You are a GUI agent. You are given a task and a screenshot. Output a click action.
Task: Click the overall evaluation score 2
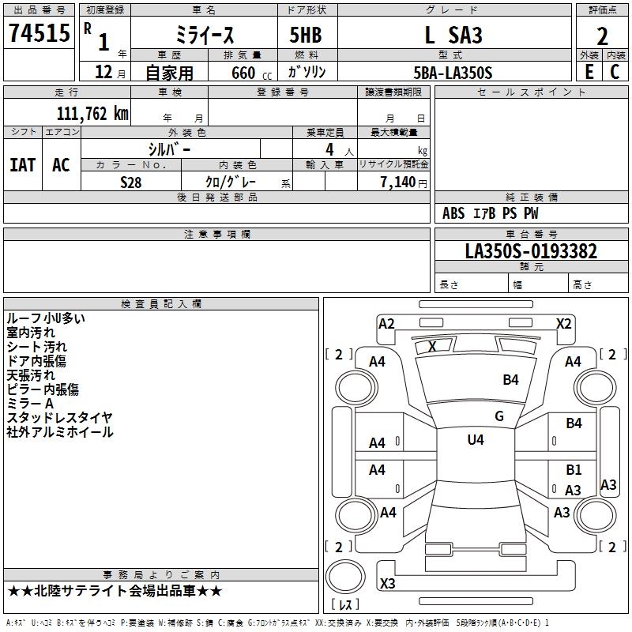coord(603,36)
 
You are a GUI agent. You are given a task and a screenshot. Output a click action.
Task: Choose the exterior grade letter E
coord(589,72)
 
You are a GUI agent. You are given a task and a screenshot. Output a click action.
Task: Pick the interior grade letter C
coord(615,72)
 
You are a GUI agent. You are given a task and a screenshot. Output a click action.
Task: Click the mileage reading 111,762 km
coord(92,113)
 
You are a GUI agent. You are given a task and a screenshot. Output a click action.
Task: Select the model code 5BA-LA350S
coord(453,73)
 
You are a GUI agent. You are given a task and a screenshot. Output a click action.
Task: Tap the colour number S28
coord(131,182)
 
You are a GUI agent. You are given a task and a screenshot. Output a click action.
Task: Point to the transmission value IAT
coord(22,165)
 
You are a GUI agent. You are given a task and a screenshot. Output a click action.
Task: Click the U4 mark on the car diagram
coord(476,440)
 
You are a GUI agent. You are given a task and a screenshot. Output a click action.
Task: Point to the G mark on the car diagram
coord(498,416)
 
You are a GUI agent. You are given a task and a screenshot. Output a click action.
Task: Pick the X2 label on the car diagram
coord(563,324)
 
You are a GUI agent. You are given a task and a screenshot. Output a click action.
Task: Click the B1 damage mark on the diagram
coord(574,470)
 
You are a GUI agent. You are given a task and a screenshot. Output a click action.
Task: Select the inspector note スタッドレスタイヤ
coord(59,418)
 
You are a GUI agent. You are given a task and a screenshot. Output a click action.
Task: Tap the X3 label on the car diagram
coord(388,584)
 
